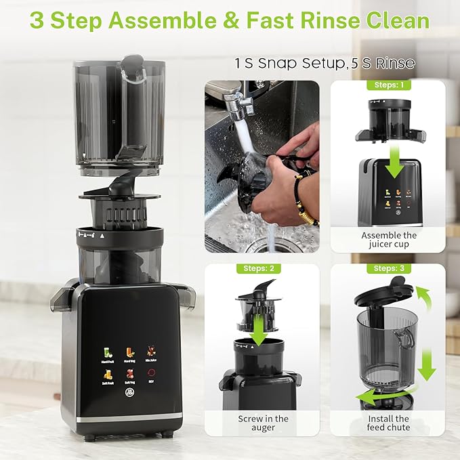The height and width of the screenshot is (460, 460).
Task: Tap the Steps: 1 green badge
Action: (x=388, y=86)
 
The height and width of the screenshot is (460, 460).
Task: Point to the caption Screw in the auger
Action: (x=263, y=424)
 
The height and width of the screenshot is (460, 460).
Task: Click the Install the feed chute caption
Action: (x=389, y=424)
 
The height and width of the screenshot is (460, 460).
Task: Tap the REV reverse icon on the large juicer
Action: (x=151, y=377)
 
